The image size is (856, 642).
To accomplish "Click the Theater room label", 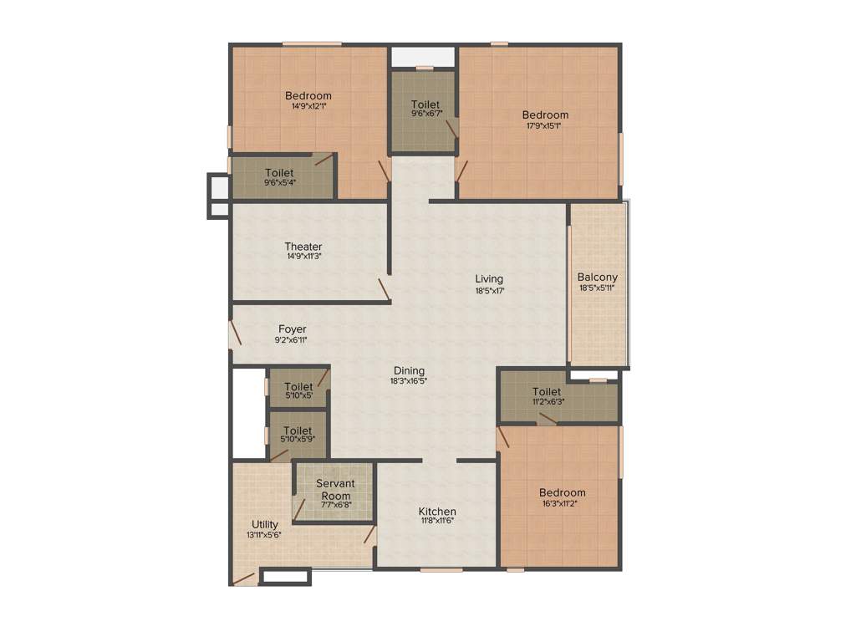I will tap(303, 247).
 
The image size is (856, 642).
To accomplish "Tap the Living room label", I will tap(489, 278).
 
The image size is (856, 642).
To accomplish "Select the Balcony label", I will tap(598, 278).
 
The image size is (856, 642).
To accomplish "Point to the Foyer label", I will tap(293, 329).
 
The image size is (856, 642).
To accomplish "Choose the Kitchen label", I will tap(437, 512).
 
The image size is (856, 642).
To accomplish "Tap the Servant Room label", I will tap(335, 490).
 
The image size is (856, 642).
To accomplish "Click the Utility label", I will tap(265, 524).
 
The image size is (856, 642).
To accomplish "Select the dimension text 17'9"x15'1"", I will tap(544, 126).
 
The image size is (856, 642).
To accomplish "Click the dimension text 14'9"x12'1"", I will tap(308, 107).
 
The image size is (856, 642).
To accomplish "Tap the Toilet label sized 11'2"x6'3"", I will tap(547, 391).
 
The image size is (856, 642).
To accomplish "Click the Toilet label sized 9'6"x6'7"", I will tap(425, 104).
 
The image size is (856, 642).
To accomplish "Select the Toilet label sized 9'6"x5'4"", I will tap(279, 173).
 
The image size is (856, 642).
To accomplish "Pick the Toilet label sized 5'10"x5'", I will tap(298, 386).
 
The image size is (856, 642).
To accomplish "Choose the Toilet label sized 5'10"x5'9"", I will tap(298, 431).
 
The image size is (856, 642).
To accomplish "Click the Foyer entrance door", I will tap(234, 334).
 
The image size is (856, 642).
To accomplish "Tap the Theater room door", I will tap(383, 288).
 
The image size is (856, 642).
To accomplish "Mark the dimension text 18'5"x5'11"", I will tap(597, 288).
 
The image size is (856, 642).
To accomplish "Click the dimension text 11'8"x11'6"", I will tap(437, 522).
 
